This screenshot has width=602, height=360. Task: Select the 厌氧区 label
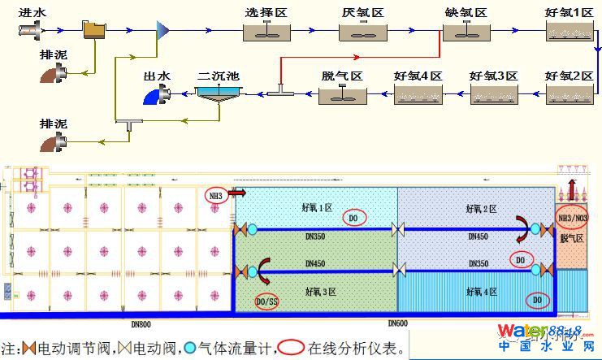(362, 13)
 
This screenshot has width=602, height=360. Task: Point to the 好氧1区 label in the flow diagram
(570, 13)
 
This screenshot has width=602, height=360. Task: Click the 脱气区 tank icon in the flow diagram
(341, 94)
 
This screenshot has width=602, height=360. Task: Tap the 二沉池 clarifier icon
(217, 94)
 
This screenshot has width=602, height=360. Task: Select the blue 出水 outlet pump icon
(154, 96)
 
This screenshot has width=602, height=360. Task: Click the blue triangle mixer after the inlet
(162, 30)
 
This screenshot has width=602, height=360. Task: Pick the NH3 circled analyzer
(215, 195)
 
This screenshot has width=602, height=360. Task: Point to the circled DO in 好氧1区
(353, 217)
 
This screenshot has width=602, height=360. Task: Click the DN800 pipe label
(142, 323)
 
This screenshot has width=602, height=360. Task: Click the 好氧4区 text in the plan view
(482, 291)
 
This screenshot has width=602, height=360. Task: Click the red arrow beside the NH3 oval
(237, 194)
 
